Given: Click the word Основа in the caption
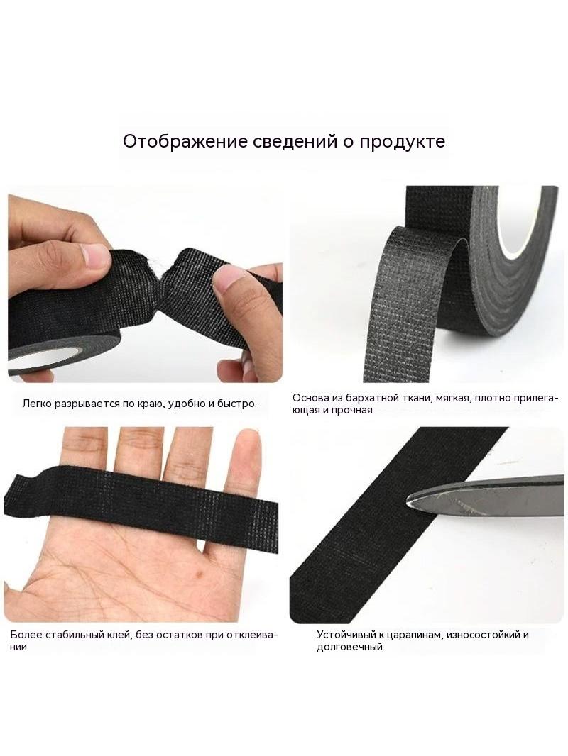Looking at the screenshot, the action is [x=310, y=399].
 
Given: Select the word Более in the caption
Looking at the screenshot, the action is [x=26, y=635].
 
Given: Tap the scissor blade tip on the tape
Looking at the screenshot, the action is [x=406, y=501].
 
